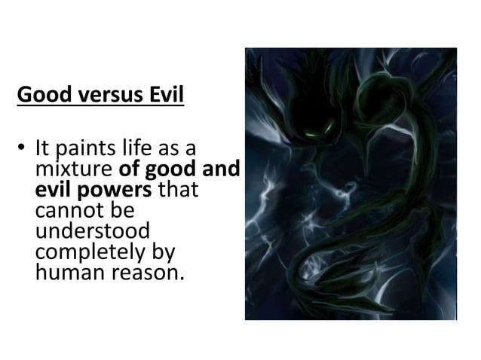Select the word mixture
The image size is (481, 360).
[75, 169]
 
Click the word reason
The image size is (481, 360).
[146, 271]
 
